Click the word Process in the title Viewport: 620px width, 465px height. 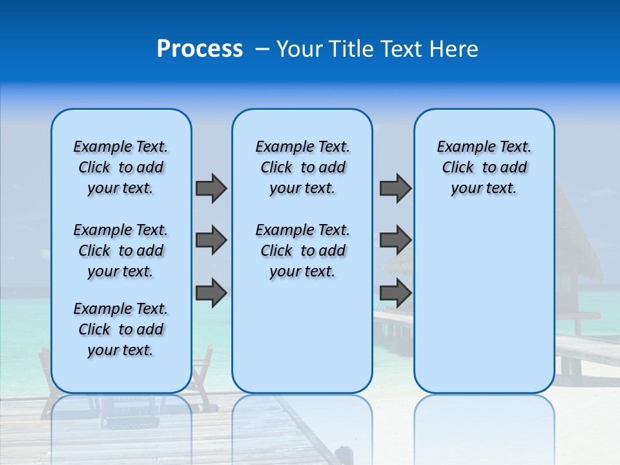200,49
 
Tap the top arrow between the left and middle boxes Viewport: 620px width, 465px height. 211,188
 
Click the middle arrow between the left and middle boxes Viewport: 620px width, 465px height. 211,240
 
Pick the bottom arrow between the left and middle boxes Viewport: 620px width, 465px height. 211,293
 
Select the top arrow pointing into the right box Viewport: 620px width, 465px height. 395,188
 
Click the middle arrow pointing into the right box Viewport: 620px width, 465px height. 395,240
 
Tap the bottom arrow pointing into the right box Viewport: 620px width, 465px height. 395,293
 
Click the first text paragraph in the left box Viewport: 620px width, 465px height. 121,167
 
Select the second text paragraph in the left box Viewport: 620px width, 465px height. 121,251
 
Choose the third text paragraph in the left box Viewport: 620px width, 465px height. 121,329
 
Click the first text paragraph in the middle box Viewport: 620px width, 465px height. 302,167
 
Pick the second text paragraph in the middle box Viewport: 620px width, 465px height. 302,251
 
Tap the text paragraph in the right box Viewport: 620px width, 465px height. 484,167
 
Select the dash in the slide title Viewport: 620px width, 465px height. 262,49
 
